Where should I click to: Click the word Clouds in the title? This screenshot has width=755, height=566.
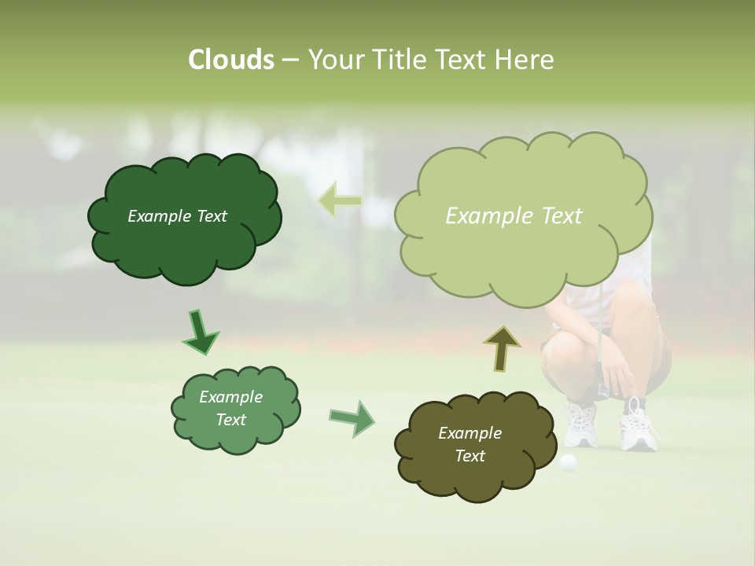pyautogui.click(x=231, y=60)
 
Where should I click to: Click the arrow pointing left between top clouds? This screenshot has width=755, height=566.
pyautogui.click(x=340, y=200)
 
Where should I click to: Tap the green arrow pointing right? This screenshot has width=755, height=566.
pyautogui.click(x=352, y=417)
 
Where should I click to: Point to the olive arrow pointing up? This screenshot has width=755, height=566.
pyautogui.click(x=502, y=348)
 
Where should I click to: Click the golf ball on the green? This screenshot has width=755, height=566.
pyautogui.click(x=567, y=462)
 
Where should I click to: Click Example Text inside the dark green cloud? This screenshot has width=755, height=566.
pyautogui.click(x=177, y=216)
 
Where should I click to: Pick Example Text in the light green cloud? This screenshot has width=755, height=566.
pyautogui.click(x=514, y=215)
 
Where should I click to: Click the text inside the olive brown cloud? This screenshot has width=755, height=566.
pyautogui.click(x=470, y=444)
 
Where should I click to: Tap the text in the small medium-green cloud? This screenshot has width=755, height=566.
pyautogui.click(x=230, y=408)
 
